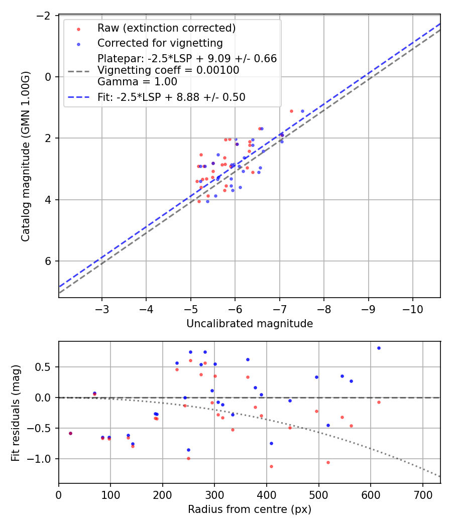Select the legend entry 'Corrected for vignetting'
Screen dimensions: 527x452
160,43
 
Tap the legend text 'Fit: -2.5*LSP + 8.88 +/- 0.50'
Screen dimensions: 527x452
171,97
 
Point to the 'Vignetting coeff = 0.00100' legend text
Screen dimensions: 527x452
168,70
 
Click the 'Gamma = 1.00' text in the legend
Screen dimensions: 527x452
137,81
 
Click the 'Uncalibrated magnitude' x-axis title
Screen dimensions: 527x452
250,324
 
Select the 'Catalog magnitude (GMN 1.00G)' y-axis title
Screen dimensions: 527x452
26,156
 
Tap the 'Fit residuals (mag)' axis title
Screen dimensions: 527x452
15,412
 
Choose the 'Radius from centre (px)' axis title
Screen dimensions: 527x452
250,509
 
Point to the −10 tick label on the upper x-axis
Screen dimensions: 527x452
412,308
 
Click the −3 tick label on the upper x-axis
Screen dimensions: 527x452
102,308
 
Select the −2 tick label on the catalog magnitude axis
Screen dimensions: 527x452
45,16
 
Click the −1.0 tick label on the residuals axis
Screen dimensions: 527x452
42,459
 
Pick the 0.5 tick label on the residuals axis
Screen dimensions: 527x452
46,367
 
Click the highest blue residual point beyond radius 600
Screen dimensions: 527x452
379,348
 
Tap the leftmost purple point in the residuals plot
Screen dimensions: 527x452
70,433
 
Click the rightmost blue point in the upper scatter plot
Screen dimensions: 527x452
302,111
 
